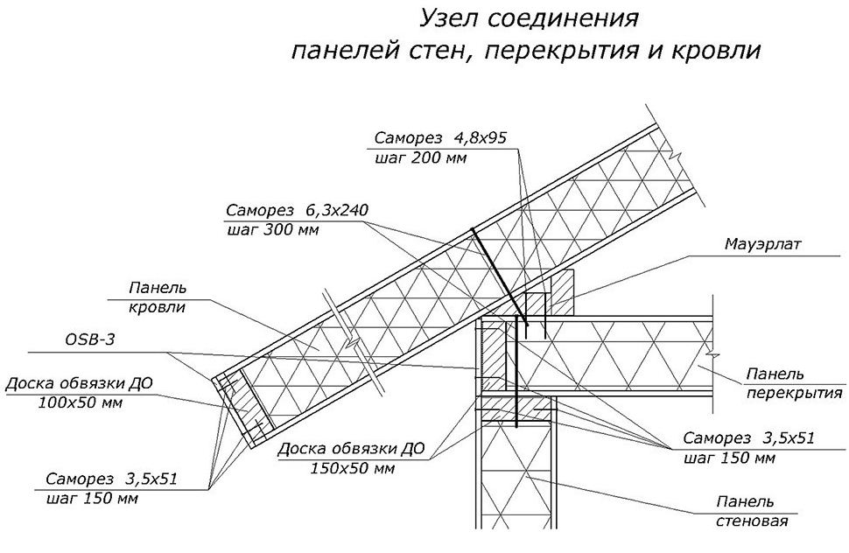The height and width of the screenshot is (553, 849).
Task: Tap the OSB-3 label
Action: [90, 341]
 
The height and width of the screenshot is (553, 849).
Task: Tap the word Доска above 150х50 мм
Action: [303, 450]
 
